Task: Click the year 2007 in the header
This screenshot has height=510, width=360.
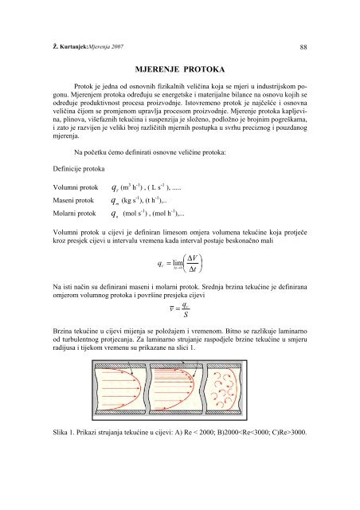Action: [114, 47]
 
